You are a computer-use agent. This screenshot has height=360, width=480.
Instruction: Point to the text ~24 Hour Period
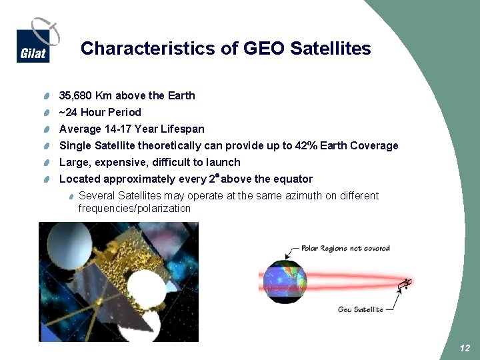[100, 112]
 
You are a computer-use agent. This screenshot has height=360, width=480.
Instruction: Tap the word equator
[293, 179]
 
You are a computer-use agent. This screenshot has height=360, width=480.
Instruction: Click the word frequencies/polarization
[134, 208]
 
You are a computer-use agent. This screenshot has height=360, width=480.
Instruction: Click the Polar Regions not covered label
[345, 248]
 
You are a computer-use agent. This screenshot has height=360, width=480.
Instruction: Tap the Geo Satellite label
[360, 309]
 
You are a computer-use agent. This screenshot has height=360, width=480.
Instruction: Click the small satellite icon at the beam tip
[404, 285]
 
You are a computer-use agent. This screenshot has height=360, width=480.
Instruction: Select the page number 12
[465, 349]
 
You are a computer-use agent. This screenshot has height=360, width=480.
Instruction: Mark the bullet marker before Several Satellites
[71, 196]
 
